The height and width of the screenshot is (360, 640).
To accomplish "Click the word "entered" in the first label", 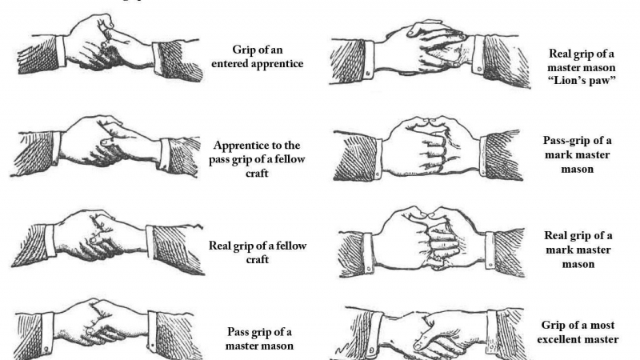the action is [230, 64].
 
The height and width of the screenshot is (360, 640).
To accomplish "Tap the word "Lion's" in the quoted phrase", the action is [571, 81].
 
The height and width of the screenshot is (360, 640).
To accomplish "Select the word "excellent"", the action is [558, 339].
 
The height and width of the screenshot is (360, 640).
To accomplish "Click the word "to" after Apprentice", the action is [279, 146].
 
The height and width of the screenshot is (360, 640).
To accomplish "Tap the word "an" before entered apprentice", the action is [276, 50].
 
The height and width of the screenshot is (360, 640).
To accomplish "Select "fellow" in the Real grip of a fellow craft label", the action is [291, 246].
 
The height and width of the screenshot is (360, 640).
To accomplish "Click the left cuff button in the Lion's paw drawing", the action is [368, 74].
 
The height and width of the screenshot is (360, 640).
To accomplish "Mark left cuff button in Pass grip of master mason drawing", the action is [46, 350].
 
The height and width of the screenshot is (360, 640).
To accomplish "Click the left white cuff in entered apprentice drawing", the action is [61, 50].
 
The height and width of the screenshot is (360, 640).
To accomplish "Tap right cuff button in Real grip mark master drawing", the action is [490, 266].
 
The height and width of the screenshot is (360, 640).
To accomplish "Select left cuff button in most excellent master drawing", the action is [370, 350].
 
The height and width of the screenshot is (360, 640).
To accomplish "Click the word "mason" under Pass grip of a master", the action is [276, 346].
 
